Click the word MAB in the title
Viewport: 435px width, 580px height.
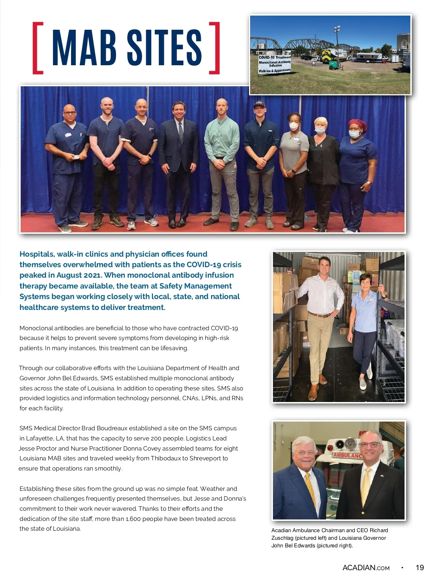[84, 48]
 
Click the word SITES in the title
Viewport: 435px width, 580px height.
[164, 48]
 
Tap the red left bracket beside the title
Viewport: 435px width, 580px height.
[37, 48]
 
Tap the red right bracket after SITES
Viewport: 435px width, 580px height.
[215, 48]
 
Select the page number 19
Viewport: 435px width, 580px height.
[419, 568]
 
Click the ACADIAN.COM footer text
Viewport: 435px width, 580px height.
[366, 568]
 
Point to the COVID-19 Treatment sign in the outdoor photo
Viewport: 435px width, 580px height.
[274, 64]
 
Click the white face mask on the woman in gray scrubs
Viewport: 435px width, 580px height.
[294, 127]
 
